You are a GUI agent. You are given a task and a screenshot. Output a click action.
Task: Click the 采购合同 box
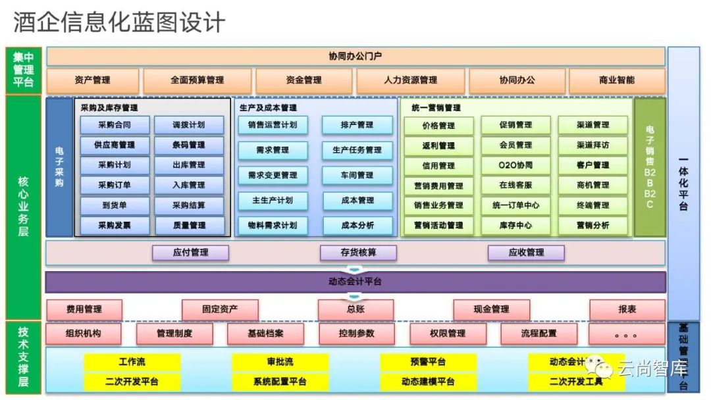[x=114, y=125]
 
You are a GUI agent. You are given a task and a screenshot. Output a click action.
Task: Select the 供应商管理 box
[x=114, y=145]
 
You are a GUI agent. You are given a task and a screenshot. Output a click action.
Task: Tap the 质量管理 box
[x=189, y=226]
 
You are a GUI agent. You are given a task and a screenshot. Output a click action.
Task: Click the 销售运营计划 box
[x=273, y=125]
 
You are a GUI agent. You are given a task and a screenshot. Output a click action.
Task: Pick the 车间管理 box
[x=357, y=175]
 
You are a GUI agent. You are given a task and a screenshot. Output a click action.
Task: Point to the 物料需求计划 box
[x=273, y=226]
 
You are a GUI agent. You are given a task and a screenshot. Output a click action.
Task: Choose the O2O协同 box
[x=515, y=165]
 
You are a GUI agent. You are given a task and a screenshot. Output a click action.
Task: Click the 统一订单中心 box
[x=515, y=205]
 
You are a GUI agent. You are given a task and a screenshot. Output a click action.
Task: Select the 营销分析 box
[x=592, y=226]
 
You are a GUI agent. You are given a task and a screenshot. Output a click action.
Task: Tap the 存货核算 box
[x=358, y=253]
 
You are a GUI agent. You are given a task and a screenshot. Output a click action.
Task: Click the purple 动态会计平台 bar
[x=355, y=282]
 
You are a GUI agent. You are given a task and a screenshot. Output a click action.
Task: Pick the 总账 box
[x=355, y=309]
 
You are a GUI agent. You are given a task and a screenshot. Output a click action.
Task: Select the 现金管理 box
[x=491, y=309]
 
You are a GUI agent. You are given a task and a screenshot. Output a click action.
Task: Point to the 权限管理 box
[x=448, y=334]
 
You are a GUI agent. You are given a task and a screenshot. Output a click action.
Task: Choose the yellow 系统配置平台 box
[x=280, y=382]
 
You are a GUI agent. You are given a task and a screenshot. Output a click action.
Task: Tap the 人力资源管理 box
[x=410, y=80]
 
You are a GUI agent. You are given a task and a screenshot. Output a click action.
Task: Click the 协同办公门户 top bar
[x=355, y=56]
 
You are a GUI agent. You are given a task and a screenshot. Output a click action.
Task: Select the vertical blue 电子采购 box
[x=59, y=168]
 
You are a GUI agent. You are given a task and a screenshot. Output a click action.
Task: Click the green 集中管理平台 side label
[x=24, y=70]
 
